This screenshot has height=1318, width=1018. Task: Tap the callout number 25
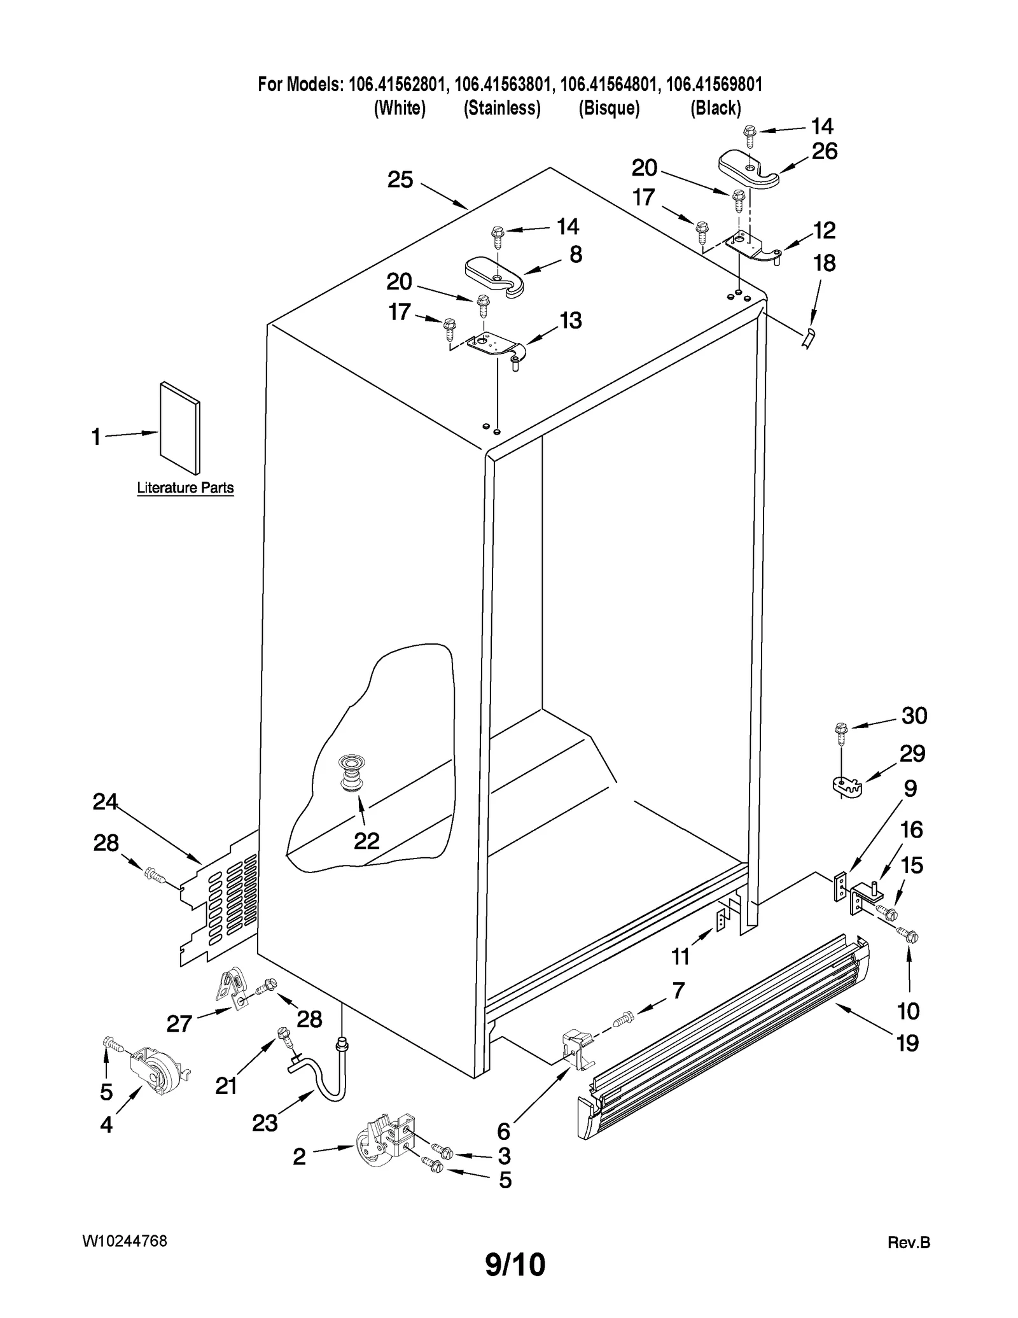[400, 180]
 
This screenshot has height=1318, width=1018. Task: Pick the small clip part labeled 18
[807, 339]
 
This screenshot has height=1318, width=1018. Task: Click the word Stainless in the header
[502, 108]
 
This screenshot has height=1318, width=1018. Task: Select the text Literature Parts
[185, 488]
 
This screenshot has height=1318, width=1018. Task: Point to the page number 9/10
[515, 1264]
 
